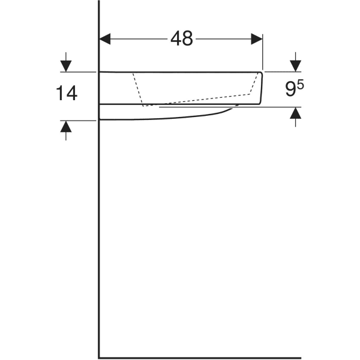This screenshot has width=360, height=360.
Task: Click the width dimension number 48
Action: pos(181,38)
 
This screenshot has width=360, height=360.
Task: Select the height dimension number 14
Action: pos(67,93)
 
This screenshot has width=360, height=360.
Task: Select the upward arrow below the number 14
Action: pos(66,127)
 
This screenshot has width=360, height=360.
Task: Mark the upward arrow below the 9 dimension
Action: pos(295,115)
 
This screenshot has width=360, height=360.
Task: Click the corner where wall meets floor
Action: pos(100,358)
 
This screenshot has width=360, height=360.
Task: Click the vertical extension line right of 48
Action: pos(263,54)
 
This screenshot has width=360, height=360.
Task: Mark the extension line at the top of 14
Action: pos(81,72)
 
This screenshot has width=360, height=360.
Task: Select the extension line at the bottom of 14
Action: pos(81,120)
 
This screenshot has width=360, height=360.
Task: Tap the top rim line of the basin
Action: pos(180,72)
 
